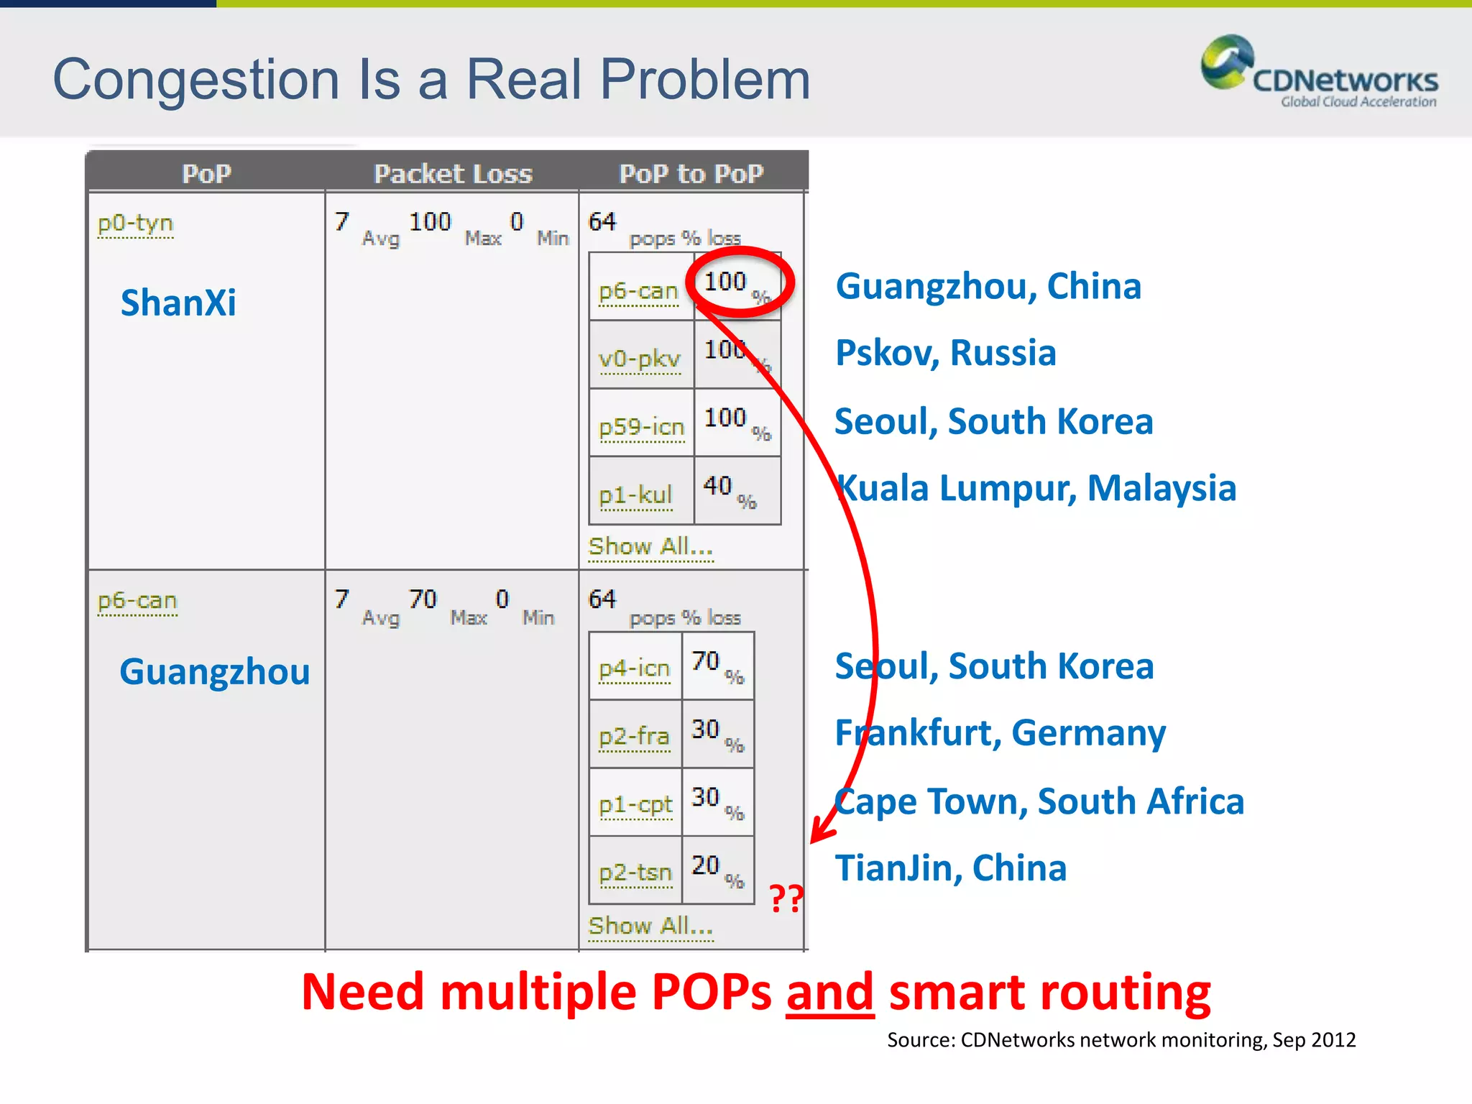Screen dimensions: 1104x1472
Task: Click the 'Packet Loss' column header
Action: (453, 174)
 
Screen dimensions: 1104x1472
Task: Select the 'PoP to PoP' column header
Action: (691, 174)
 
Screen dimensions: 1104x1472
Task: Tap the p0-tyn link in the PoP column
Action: (135, 224)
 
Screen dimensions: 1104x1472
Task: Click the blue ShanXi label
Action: (178, 303)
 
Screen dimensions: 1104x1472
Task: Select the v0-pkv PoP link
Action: (639, 358)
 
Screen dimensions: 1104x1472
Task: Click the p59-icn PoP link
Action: (641, 427)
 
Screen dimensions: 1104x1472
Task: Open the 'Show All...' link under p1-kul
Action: (650, 547)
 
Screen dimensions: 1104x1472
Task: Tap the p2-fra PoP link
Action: (634, 736)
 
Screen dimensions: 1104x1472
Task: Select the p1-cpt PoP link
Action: (635, 804)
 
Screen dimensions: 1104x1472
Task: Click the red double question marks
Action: (786, 898)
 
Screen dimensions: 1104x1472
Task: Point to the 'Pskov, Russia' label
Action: (945, 353)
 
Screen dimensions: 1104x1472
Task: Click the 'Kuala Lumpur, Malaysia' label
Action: (1036, 488)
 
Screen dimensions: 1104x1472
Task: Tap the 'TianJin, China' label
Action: (950, 868)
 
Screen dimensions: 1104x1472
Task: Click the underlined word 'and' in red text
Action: (829, 993)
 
